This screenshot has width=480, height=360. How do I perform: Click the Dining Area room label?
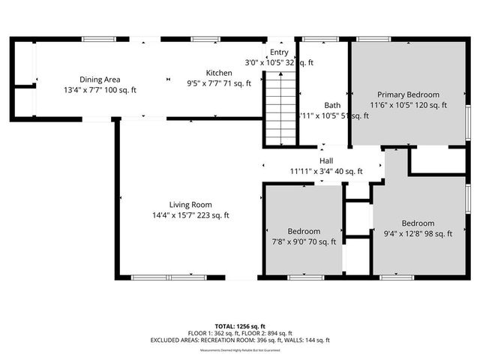click(100, 79)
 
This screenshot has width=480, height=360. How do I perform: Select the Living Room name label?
click(190, 205)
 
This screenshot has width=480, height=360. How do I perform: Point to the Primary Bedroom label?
click(408, 95)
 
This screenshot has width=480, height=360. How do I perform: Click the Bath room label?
click(332, 105)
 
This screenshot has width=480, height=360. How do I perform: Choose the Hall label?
click(326, 161)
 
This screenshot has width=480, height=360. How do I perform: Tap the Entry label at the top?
click(279, 52)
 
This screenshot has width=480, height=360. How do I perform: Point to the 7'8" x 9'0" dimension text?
click(288, 242)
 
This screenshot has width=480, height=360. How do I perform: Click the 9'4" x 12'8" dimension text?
click(400, 234)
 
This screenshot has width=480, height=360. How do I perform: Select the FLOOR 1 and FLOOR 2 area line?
click(239, 333)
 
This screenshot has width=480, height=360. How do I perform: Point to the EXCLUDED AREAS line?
click(239, 340)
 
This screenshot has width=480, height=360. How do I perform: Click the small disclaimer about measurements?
click(239, 350)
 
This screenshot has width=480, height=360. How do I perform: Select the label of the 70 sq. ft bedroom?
click(304, 231)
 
